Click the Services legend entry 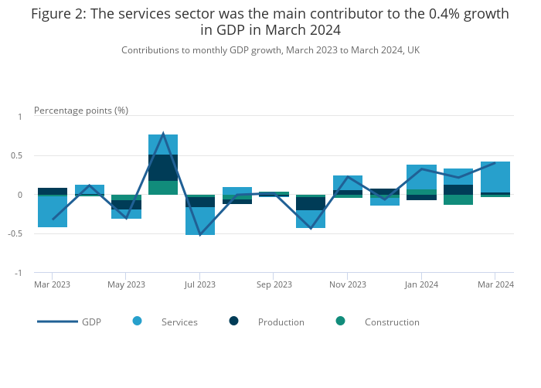point(179,322)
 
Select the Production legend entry point(281,322)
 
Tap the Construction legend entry point(391,322)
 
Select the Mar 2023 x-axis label point(53,284)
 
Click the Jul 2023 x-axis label point(200,284)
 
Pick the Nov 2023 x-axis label point(348,284)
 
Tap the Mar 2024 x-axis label point(495,284)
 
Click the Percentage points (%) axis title point(81,110)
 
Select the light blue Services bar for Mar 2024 point(495,177)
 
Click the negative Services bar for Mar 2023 point(53,212)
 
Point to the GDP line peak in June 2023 point(163,134)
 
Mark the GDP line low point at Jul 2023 point(200,234)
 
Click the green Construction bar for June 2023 point(163,188)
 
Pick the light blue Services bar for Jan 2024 point(422,177)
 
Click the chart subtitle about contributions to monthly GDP point(270,49)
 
